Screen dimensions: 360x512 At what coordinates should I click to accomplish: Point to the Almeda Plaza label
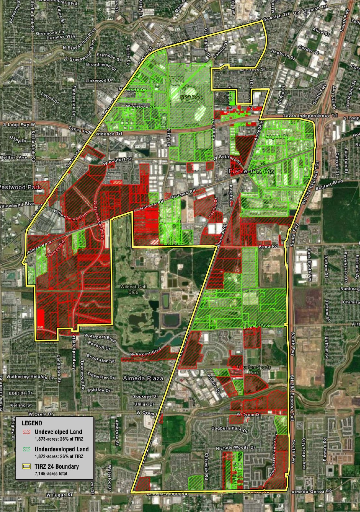(x=143, y=378)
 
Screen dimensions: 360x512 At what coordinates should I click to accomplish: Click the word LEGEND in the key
(x=32, y=423)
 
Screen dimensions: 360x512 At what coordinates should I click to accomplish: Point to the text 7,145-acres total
(x=51, y=473)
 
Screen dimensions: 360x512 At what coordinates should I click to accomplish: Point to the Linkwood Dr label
(x=100, y=80)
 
